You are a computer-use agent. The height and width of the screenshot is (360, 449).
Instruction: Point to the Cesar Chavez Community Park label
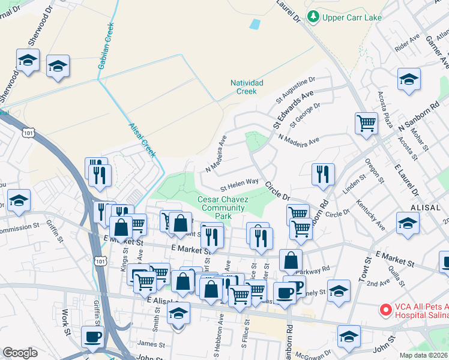pos(223,208)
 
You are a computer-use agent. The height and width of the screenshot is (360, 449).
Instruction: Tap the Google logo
pos(20,353)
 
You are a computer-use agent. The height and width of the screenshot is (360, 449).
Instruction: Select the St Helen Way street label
pos(238,182)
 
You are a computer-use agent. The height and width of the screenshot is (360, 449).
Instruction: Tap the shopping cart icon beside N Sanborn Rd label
pos(366,124)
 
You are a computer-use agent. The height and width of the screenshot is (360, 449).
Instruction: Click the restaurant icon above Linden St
pos(323,174)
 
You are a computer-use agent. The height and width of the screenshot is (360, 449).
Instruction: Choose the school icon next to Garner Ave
pos(408,80)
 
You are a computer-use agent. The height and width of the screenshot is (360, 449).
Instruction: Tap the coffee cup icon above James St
pos(92,337)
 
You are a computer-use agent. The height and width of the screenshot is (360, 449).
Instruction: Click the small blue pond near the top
pos(255,25)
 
